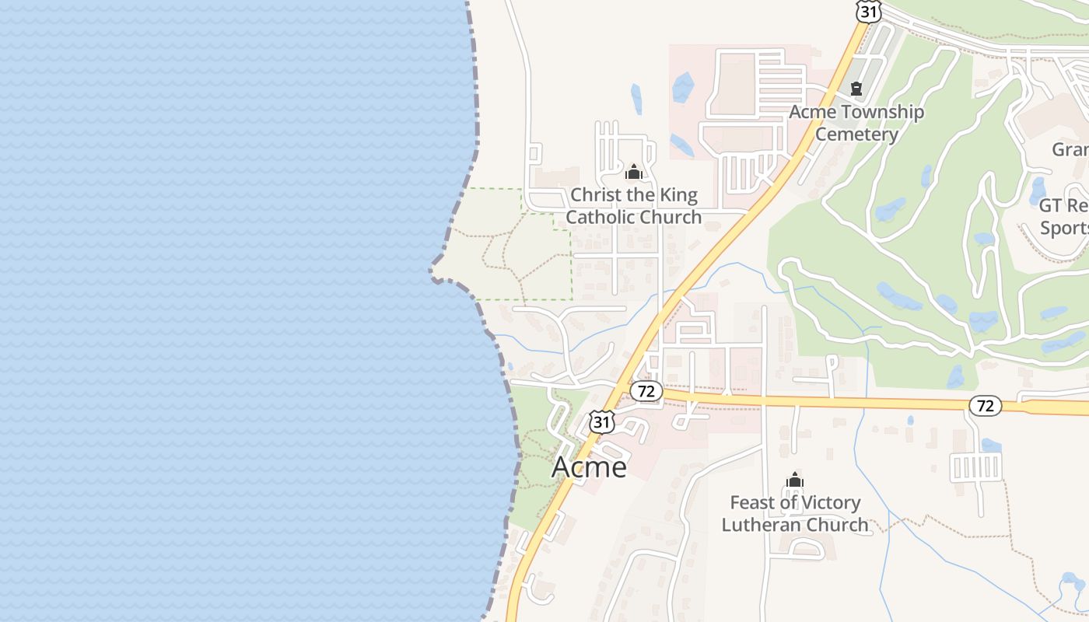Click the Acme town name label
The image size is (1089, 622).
pyautogui.click(x=589, y=466)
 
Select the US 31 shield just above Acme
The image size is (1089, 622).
pyautogui.click(x=601, y=421)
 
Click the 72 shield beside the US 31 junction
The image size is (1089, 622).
pyautogui.click(x=646, y=391)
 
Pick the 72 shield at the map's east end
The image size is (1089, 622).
pyautogui.click(x=986, y=405)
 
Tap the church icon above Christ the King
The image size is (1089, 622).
pyautogui.click(x=633, y=172)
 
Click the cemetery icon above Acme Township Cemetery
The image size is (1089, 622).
pyautogui.click(x=856, y=89)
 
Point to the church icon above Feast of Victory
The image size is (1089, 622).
pyautogui.click(x=794, y=480)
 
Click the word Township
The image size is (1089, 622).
pyautogui.click(x=881, y=112)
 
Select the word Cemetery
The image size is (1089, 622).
pyautogui.click(x=856, y=134)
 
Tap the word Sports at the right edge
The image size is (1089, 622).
pyautogui.click(x=1065, y=228)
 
